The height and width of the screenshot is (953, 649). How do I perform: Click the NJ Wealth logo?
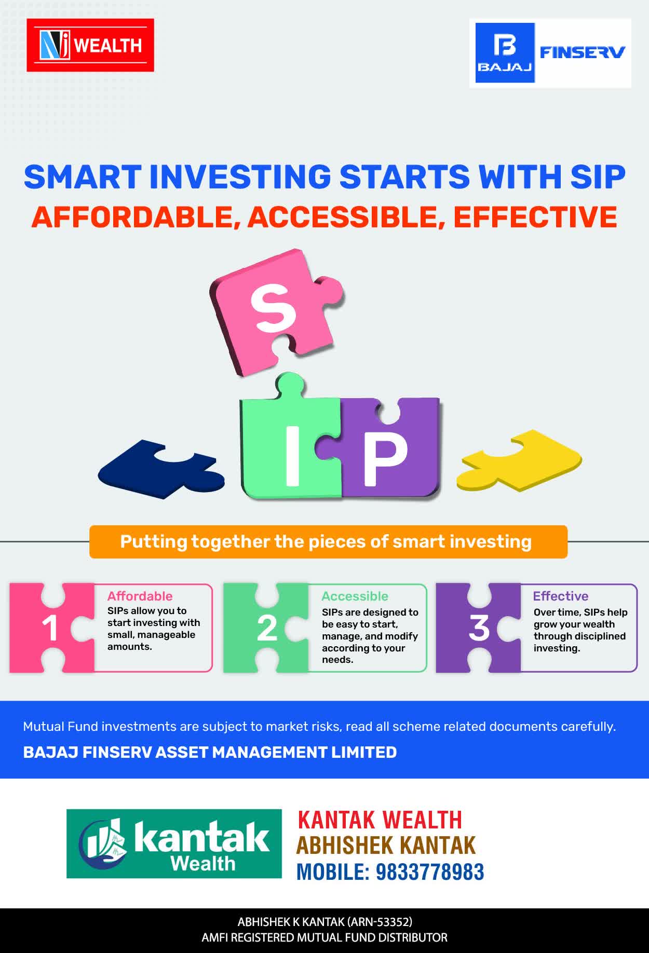pyautogui.click(x=90, y=45)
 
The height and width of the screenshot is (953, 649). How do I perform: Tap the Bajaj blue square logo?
pyautogui.click(x=505, y=53)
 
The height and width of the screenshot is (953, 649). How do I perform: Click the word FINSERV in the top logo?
pyautogui.click(x=582, y=52)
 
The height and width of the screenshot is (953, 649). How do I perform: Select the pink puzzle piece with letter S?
pyautogui.click(x=277, y=311)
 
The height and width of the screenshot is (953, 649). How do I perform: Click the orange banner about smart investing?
pyautogui.click(x=328, y=542)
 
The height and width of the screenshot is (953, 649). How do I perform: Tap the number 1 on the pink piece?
pyautogui.click(x=50, y=629)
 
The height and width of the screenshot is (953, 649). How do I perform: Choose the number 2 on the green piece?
pyautogui.click(x=267, y=629)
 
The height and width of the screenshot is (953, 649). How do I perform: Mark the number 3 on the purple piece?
pyautogui.click(x=479, y=628)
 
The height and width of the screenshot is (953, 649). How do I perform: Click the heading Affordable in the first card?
pyautogui.click(x=140, y=596)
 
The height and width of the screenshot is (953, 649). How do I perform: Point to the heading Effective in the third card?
pyautogui.click(x=561, y=596)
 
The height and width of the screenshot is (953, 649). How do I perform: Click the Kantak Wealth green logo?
pyautogui.click(x=174, y=843)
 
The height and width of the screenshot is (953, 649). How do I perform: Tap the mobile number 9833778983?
pyautogui.click(x=429, y=872)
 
